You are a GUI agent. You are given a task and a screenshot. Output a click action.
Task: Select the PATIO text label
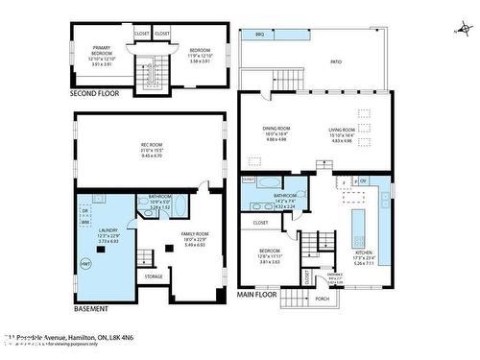tap(336, 61)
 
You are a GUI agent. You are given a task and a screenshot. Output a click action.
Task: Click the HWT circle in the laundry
tap(85, 264)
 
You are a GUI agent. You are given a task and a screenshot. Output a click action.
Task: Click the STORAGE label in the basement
tap(154, 276)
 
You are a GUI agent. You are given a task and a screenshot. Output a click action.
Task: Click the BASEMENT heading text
tap(91, 309)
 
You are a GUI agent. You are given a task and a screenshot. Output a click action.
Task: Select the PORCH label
tap(322, 298)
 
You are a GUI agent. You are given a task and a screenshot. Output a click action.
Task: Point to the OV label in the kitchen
tap(363, 179)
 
